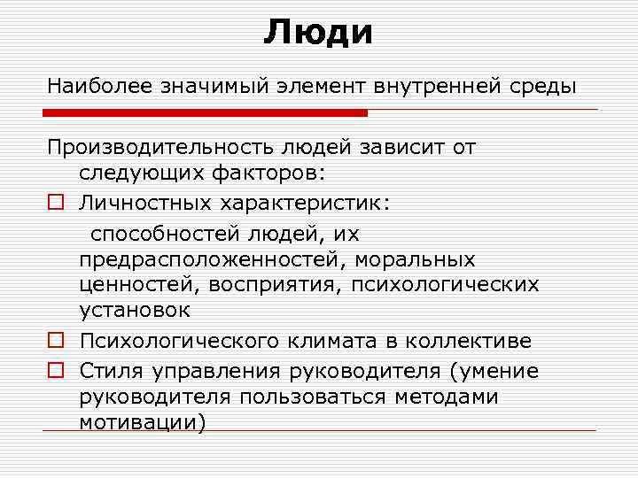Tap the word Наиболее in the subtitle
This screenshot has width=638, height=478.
click(x=99, y=87)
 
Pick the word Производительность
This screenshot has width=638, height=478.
click(x=165, y=147)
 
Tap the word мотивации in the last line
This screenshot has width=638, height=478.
click(x=140, y=422)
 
